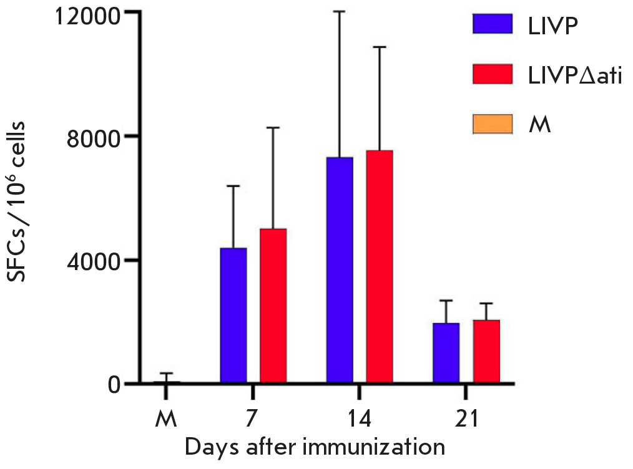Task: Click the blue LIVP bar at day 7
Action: [x=233, y=314]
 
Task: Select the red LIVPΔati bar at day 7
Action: [x=273, y=305]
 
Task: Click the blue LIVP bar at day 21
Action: [x=446, y=352]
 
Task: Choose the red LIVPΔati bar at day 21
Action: [x=486, y=351]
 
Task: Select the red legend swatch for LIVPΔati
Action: [x=492, y=74]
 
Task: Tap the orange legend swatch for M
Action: [x=492, y=123]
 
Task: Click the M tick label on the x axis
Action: [x=166, y=418]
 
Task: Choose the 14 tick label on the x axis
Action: [x=359, y=418]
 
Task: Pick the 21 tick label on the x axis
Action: [x=466, y=418]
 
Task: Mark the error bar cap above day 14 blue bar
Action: [x=340, y=11]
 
